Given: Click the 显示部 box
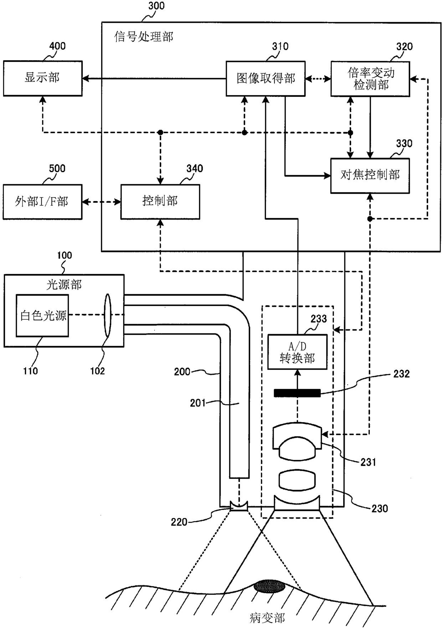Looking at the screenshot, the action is (43, 78).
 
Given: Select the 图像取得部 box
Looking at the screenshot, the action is (266, 79).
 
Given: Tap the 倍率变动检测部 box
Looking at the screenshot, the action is (370, 79).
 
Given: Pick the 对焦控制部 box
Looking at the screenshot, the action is (370, 176).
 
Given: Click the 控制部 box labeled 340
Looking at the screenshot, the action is (160, 202).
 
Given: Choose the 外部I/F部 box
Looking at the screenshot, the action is (42, 202).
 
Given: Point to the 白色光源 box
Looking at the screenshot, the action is (42, 316).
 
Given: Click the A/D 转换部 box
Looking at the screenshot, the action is (297, 352).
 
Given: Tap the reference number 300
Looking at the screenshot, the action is (156, 6).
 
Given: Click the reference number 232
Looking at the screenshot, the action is (401, 374).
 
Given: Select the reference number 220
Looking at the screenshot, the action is (179, 522).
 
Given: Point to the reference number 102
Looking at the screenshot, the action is (97, 371).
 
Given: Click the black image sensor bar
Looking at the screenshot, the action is (297, 393).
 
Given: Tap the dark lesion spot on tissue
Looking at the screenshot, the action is (269, 586).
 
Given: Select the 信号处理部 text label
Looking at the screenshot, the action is (144, 37).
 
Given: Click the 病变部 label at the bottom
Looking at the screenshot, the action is (267, 618).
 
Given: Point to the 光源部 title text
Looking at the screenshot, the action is (64, 285).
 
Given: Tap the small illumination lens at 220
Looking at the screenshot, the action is (238, 506).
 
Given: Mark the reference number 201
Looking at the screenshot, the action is (198, 403).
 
